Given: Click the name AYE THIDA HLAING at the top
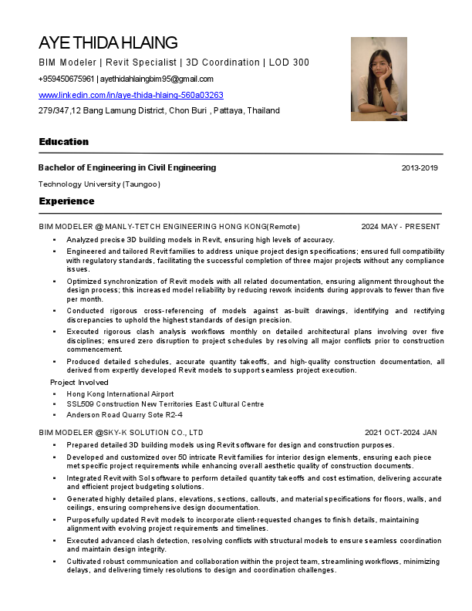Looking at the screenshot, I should tap(108, 42).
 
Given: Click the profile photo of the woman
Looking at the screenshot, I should tap(379, 79).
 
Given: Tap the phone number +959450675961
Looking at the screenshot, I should tap(66, 79).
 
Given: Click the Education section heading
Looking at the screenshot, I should tap(64, 142).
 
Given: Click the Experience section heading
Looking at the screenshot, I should tap(66, 201).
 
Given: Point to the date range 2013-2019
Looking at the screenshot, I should tap(420, 167).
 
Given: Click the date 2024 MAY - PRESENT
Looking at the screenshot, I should tap(400, 227).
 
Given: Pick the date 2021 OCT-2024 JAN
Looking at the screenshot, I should tap(401, 433).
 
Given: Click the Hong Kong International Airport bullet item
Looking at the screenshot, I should tap(120, 393).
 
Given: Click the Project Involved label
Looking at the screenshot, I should tap(79, 383).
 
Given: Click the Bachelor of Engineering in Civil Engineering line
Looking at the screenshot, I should tap(127, 167).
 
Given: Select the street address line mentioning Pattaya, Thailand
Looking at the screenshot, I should tap(159, 110).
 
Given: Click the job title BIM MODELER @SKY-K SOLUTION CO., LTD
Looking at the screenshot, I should tap(121, 433).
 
